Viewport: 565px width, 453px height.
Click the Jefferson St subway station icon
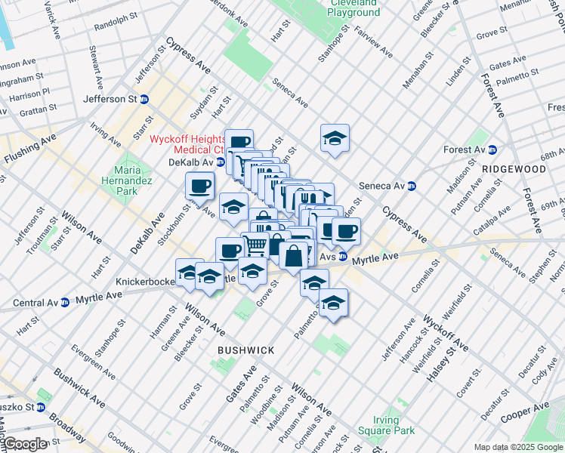click(144, 99)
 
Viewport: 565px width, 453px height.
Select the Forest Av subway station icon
click(492, 149)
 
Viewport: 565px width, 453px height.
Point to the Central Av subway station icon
click(66, 304)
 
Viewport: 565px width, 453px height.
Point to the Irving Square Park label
click(394, 425)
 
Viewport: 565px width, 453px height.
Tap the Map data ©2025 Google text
click(517, 447)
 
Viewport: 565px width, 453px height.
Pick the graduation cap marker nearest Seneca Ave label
click(335, 138)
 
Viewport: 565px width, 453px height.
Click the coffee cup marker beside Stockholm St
click(200, 185)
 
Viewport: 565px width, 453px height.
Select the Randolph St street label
click(116, 23)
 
